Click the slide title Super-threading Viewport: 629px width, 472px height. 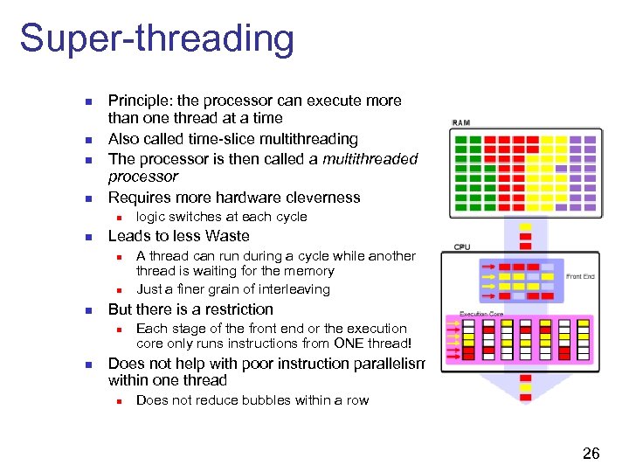click(157, 39)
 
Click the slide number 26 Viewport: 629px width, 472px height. click(591, 453)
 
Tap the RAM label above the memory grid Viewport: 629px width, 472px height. click(460, 123)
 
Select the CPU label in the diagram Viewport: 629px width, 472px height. click(461, 247)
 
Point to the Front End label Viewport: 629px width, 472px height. click(580, 276)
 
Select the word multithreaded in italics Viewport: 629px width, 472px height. click(370, 158)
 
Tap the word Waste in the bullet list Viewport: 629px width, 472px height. click(229, 236)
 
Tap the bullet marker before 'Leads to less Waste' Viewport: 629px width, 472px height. click(86, 237)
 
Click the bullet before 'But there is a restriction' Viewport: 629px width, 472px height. click(86, 310)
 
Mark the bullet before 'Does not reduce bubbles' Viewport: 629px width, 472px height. click(114, 401)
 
